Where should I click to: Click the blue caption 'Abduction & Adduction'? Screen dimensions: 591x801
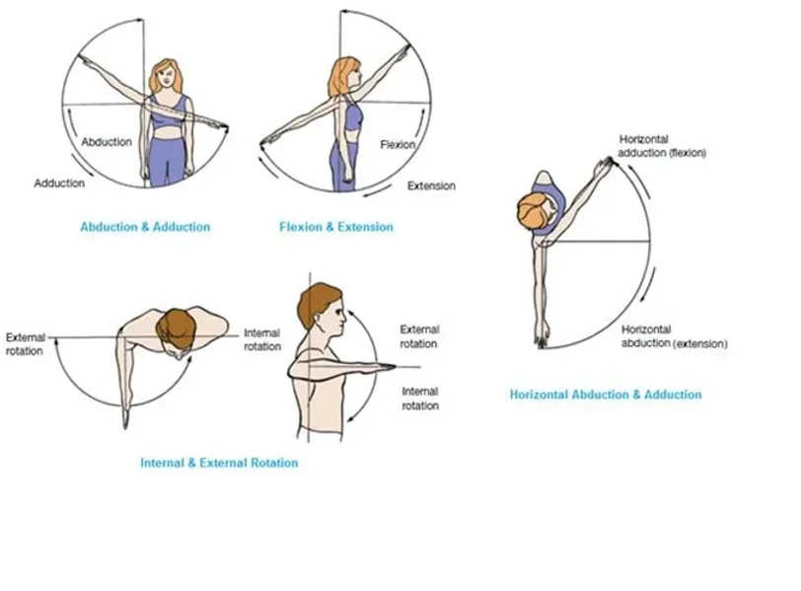145,227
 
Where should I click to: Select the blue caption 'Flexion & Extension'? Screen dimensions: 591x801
336,227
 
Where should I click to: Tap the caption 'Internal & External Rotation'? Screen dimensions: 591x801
219,463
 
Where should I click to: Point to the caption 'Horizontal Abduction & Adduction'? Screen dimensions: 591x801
605,395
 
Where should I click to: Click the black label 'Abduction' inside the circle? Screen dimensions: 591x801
107,142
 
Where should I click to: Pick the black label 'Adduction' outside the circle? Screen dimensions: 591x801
59,184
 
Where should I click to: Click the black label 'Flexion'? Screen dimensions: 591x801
398,145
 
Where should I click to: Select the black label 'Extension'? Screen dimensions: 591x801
431,185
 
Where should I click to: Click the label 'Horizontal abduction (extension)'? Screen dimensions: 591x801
674,336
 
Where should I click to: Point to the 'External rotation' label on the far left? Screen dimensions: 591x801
25,343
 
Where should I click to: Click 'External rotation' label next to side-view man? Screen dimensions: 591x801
419,336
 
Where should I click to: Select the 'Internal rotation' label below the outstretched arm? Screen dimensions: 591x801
420,399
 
